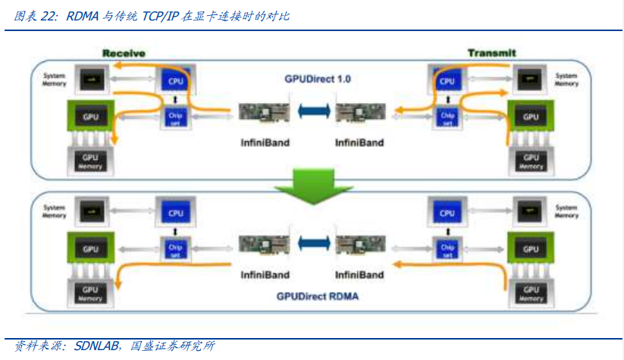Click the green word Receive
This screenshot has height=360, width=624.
coord(124,52)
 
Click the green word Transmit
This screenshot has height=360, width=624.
coord(491,52)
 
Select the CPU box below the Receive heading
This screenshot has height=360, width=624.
coord(175,80)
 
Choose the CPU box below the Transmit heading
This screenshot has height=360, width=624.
coord(447,80)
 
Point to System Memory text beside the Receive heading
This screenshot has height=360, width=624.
coord(54,79)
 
